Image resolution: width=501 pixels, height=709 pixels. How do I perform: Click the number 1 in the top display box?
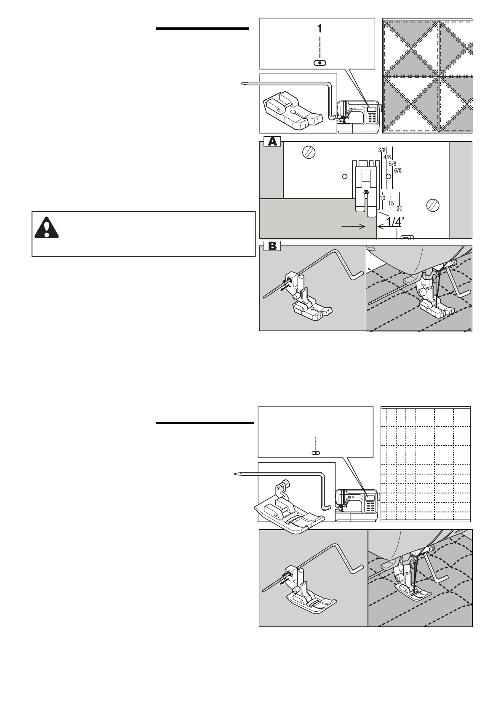pos(320,29)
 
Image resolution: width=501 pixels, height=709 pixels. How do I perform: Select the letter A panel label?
pos(271,142)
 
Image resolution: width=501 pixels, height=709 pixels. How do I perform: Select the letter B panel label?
pos(271,246)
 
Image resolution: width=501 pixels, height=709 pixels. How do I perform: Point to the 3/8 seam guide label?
pos(382,150)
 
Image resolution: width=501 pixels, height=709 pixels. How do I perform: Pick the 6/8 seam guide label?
pos(398,171)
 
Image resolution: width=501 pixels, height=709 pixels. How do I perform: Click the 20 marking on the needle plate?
pos(399,208)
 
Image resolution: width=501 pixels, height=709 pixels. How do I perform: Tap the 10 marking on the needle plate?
pos(383,198)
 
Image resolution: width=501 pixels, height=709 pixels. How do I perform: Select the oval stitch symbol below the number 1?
pos(320,63)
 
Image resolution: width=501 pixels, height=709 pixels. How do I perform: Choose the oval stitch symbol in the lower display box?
pos(315,453)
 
